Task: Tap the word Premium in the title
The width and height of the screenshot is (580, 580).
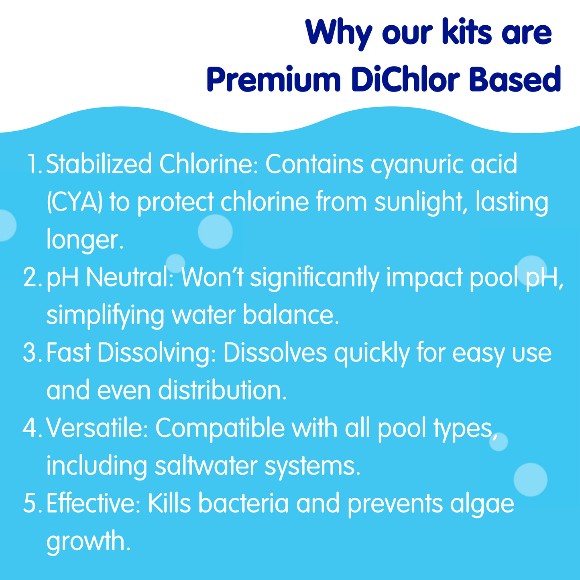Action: point(274,79)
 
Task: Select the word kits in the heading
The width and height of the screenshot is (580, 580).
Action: point(467,32)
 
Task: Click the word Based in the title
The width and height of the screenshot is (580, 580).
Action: point(515,79)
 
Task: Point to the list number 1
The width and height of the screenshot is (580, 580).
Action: point(35,164)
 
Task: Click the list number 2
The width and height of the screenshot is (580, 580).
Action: point(33,277)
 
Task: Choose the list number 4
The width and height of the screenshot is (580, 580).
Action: point(33,427)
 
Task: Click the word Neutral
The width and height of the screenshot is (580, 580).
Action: point(130,277)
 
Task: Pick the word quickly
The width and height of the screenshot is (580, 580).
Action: point(372,353)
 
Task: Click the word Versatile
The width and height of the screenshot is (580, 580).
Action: point(97,428)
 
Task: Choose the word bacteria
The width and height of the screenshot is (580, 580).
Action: point(244,503)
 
